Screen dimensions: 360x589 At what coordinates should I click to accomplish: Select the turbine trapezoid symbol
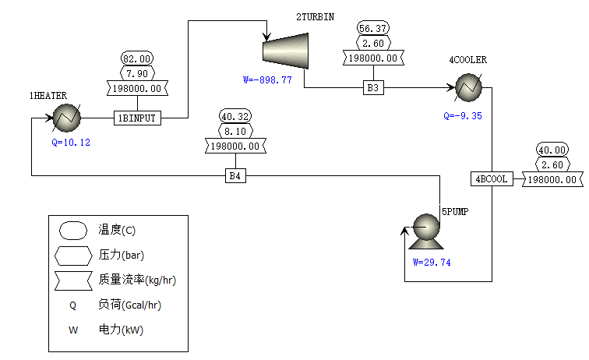click(284, 50)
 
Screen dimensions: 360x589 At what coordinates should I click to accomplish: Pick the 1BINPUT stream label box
click(138, 118)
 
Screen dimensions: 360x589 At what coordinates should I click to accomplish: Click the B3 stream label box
click(374, 88)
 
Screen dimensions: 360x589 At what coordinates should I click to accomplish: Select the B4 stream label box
click(236, 176)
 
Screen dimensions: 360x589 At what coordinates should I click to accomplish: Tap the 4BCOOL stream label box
click(492, 179)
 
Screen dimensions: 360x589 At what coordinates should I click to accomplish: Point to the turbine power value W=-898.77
click(267, 80)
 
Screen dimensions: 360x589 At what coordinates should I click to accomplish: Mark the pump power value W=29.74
click(432, 262)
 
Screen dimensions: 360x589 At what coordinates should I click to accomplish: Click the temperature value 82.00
click(138, 58)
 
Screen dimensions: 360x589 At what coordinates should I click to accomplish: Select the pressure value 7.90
click(138, 73)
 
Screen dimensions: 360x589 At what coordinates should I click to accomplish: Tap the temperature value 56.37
click(374, 29)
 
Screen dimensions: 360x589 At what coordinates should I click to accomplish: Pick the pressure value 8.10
click(236, 131)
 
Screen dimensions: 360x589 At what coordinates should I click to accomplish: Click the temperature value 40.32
click(236, 117)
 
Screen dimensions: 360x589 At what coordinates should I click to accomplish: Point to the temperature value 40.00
click(552, 150)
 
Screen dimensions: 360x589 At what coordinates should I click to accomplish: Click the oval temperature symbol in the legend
click(72, 230)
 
